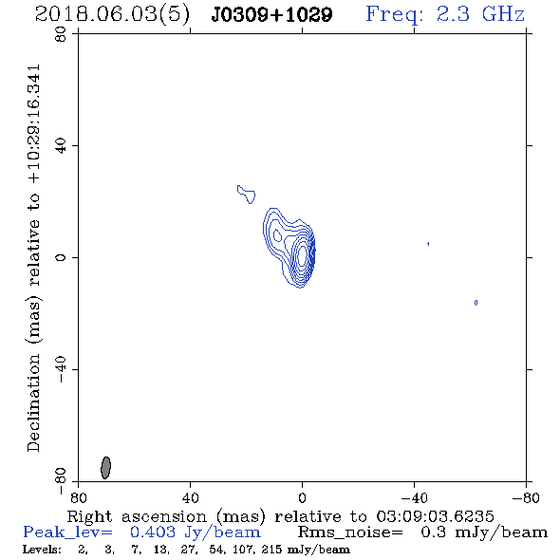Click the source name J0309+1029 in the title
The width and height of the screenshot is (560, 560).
[x=271, y=14]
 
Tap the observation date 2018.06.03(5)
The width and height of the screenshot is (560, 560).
[x=113, y=15]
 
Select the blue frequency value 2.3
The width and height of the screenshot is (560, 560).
[x=453, y=14]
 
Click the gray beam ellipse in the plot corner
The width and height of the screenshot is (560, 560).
[x=105, y=468]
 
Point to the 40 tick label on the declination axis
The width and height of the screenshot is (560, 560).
[x=61, y=146]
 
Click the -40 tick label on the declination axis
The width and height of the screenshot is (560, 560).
[x=61, y=369]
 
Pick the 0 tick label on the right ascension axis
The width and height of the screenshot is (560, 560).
[x=302, y=497]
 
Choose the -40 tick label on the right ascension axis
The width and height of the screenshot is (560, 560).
[x=414, y=497]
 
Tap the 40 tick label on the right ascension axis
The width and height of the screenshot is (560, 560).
[x=190, y=497]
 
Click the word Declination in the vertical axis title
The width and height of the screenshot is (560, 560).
[x=33, y=402]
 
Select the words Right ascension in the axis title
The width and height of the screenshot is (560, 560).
[x=137, y=516]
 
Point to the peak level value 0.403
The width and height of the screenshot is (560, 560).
[x=153, y=532]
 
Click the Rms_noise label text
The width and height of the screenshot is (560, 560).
[x=350, y=532]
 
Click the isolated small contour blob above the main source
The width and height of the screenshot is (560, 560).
[x=247, y=195]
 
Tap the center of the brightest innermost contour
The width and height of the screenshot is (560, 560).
[x=302, y=256]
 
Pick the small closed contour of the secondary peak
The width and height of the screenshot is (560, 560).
[x=277, y=235]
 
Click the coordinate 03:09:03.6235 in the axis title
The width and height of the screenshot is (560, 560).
[x=435, y=516]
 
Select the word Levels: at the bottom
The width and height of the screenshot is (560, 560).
[x=42, y=549]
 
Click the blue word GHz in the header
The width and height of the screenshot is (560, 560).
[x=503, y=14]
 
